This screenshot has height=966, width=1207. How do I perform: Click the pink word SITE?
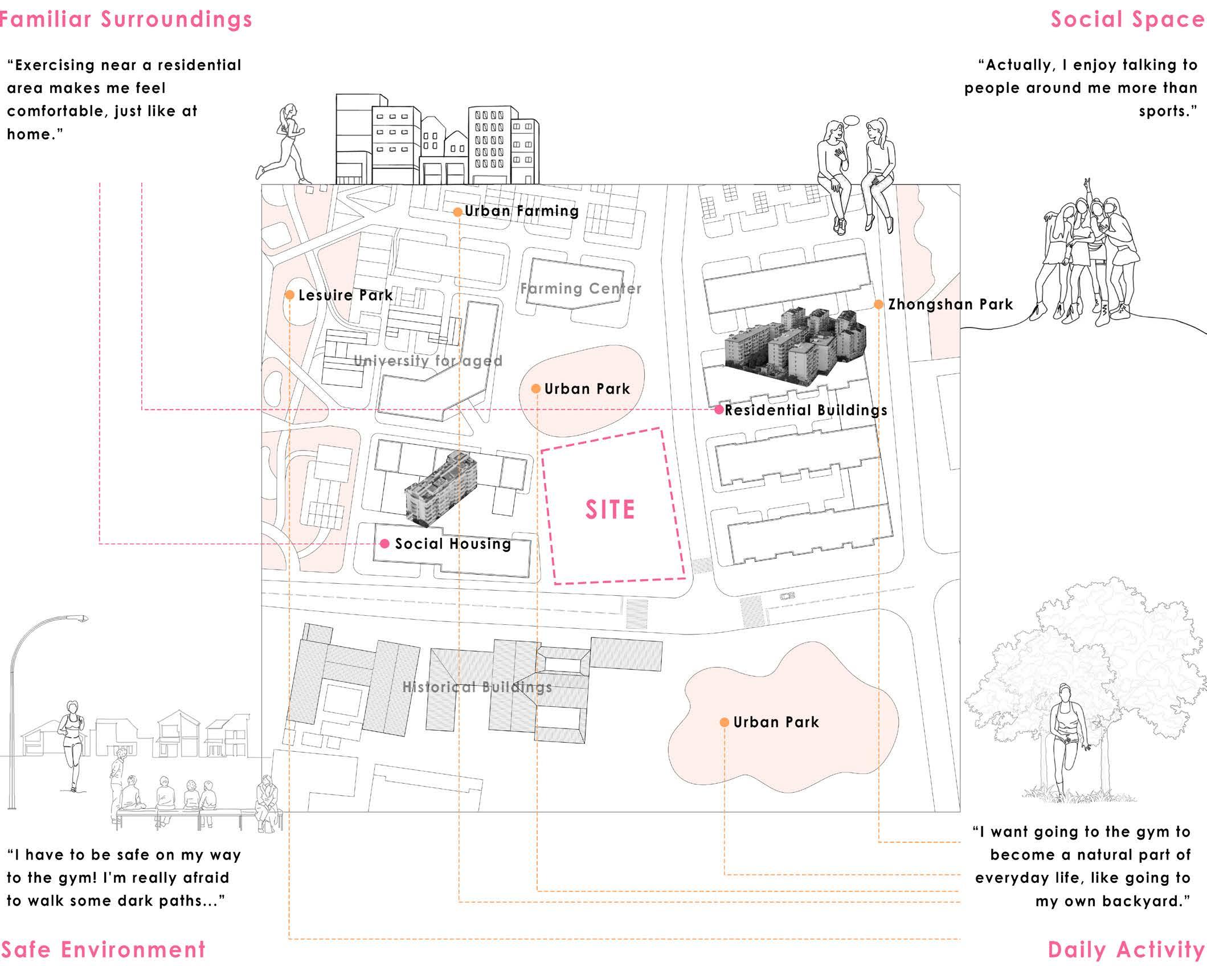[x=609, y=510]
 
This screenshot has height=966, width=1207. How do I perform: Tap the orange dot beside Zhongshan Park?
[x=878, y=305]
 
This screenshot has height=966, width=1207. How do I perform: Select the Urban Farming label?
[x=521, y=211]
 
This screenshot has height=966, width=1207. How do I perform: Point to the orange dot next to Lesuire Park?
[x=289, y=295]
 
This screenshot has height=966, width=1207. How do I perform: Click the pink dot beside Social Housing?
[x=384, y=544]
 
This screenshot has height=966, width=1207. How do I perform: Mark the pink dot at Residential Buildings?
[x=719, y=410]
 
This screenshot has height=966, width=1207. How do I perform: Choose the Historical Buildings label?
[x=477, y=687]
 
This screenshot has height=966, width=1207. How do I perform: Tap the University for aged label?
[x=428, y=361]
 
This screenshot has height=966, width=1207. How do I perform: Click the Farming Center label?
[x=580, y=289]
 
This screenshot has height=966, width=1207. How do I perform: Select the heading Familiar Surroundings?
[x=125, y=19]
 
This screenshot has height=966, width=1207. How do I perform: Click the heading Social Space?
[x=1127, y=19]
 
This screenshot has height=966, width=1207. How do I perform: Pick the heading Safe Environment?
[x=103, y=950]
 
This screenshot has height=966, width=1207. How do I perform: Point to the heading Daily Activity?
[x=1126, y=950]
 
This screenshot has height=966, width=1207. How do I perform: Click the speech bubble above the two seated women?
[x=850, y=121]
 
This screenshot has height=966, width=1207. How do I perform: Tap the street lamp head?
[x=77, y=618]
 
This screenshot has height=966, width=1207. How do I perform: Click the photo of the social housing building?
[x=437, y=488]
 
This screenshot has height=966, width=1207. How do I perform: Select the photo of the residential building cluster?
[x=795, y=344]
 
